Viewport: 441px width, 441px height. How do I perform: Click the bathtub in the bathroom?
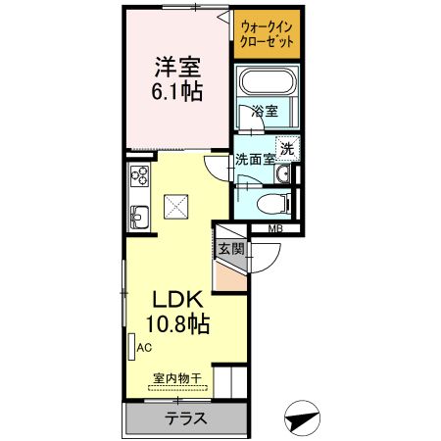[x=267, y=85]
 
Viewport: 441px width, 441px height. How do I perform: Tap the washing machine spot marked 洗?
[x=287, y=149]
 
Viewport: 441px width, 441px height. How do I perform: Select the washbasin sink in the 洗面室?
[x=282, y=174]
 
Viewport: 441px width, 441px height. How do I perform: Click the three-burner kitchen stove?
[x=138, y=178]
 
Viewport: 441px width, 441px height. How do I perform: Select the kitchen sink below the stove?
[x=138, y=217]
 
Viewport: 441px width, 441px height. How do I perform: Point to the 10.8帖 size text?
[x=176, y=323]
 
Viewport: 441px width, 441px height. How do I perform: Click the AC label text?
[x=144, y=348]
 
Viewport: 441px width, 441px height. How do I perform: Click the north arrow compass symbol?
[x=303, y=418]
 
